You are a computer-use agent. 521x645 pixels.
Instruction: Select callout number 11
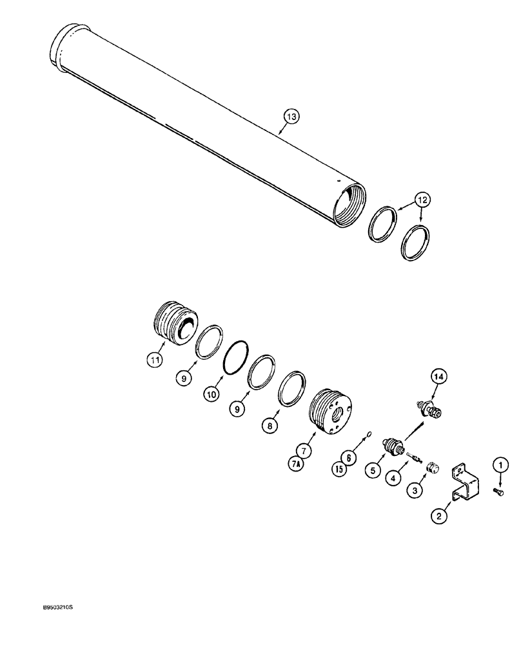153,361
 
